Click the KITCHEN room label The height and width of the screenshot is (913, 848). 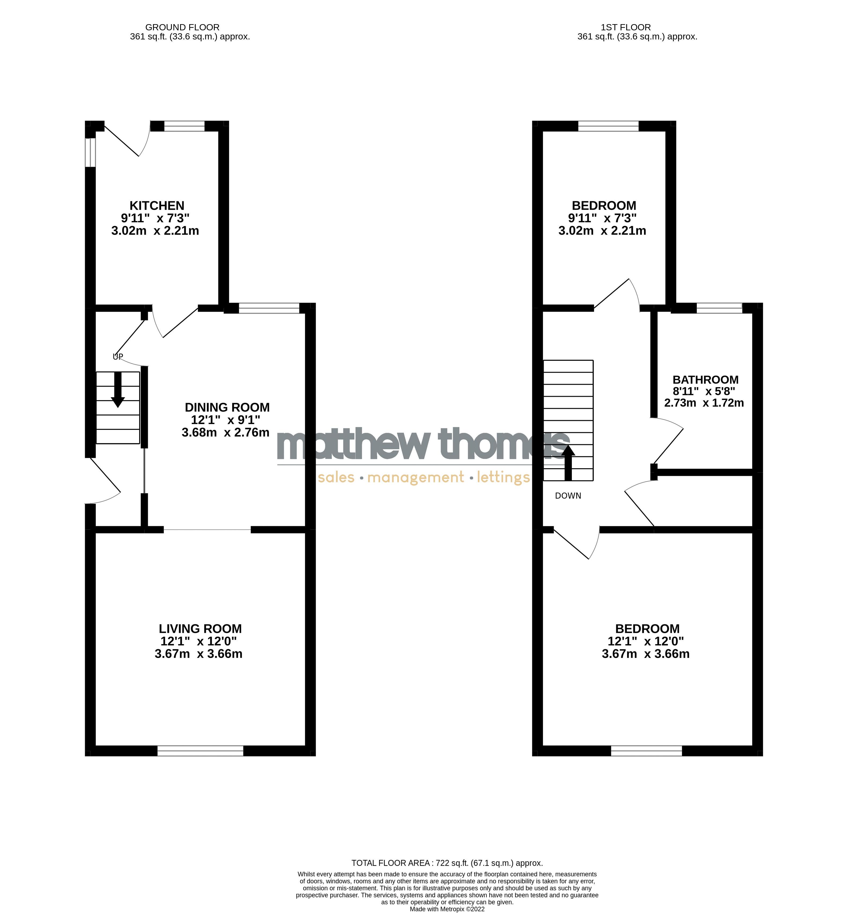click(157, 206)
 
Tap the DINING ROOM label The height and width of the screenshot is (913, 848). click(227, 407)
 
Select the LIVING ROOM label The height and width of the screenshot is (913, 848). click(200, 628)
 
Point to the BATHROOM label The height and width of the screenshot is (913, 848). click(705, 380)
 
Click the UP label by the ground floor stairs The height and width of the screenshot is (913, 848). click(118, 357)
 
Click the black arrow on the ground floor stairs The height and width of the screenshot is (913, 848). click(118, 389)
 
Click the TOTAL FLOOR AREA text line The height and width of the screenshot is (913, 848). click(447, 863)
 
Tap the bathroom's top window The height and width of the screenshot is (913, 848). click(719, 308)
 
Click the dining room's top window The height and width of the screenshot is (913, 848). click(269, 308)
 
